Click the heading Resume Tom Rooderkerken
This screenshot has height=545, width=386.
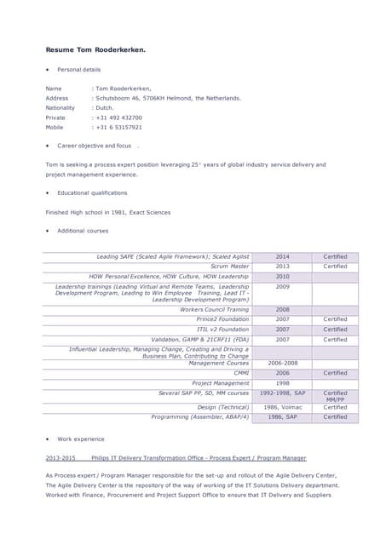coord(95,49)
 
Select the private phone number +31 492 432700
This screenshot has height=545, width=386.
coord(119,118)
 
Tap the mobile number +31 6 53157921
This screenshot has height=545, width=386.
coord(119,127)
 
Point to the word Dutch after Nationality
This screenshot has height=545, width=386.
coord(105,108)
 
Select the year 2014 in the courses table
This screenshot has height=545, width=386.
coord(282,256)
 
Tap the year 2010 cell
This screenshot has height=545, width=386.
coord(282,277)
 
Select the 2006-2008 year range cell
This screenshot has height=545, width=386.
coord(282,363)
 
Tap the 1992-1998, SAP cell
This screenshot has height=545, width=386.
coord(282,393)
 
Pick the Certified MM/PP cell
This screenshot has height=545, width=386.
coord(335,396)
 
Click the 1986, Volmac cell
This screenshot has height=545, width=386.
coord(282,407)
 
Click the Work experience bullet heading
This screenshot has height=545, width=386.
coord(81,439)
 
